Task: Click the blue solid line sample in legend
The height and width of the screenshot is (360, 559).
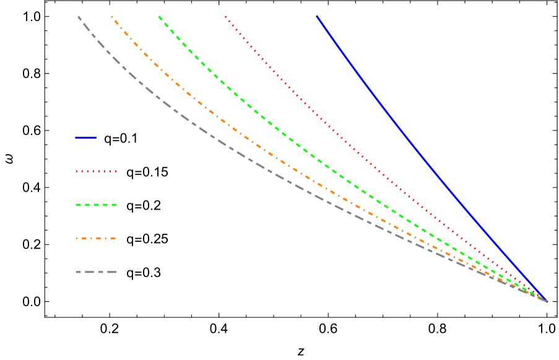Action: (85, 138)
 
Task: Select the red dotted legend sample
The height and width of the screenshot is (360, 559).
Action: (96, 171)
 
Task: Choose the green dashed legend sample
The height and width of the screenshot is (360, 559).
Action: (96, 205)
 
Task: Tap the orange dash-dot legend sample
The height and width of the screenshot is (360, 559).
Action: (96, 238)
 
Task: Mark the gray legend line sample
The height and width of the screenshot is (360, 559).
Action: (96, 272)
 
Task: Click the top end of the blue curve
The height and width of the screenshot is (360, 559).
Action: (317, 16)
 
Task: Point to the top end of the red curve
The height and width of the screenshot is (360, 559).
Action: (226, 17)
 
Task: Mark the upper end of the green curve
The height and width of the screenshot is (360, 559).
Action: (159, 17)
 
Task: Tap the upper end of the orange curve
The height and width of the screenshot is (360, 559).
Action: (111, 17)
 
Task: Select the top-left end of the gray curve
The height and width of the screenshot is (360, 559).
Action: (78, 17)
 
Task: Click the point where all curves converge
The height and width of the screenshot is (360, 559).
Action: (546, 301)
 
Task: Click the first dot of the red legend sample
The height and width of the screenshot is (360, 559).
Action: (77, 171)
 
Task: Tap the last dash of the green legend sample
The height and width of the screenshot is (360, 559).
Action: (113, 205)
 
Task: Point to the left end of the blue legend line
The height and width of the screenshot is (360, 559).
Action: (76, 138)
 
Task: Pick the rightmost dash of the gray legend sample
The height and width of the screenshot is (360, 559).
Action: (111, 272)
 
